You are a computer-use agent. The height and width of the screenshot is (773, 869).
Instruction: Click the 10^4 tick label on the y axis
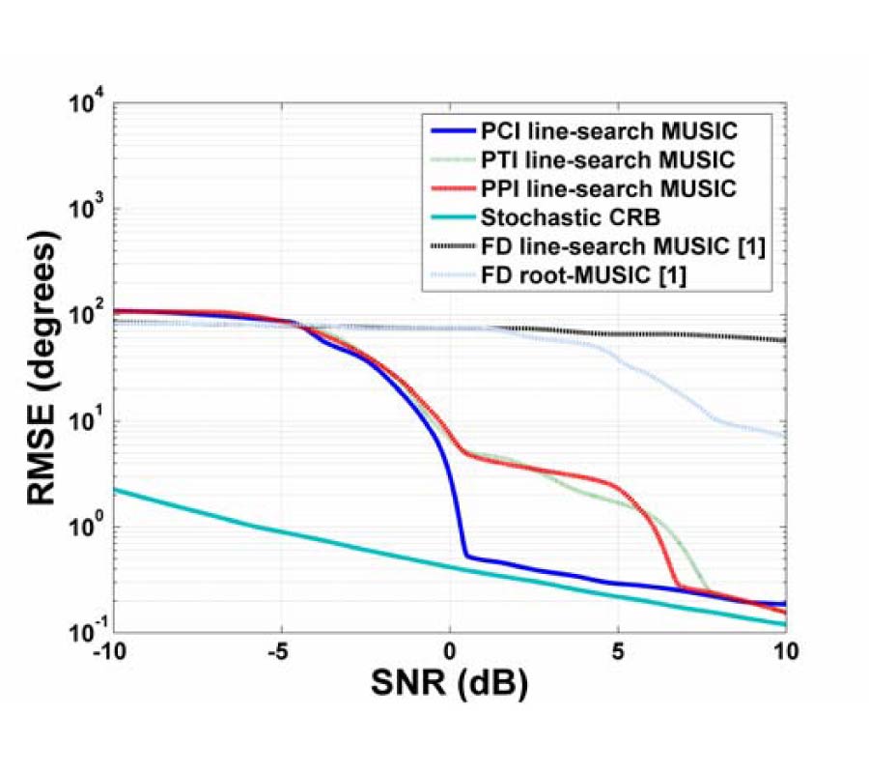pyautogui.click(x=89, y=104)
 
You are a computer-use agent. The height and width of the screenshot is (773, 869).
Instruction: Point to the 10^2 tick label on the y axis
pyautogui.click(x=89, y=316)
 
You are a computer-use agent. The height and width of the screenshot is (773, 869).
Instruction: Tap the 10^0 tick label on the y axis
pyautogui.click(x=89, y=528)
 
